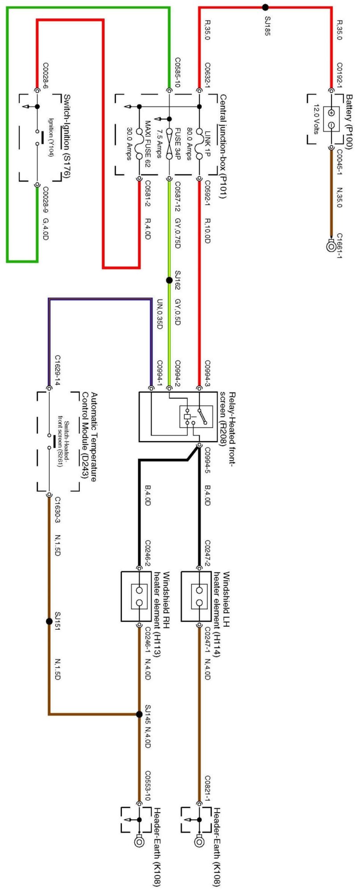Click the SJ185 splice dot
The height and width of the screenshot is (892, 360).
coord(265,7)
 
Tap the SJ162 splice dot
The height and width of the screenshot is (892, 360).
coord(169,280)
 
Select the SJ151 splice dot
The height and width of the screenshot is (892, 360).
coord(49,621)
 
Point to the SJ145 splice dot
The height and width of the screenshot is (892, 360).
coord(139,714)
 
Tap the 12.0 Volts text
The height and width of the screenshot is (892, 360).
coord(316,119)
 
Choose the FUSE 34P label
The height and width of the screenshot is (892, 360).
coord(177,136)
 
